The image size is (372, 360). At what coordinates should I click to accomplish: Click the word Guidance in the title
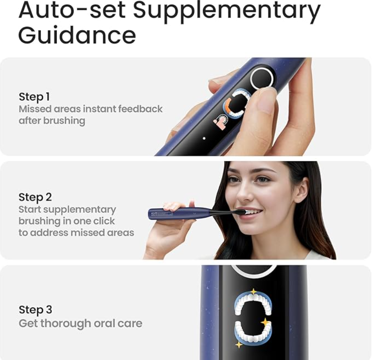(x=77, y=35)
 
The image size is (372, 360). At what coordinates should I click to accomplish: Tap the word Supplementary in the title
(x=226, y=11)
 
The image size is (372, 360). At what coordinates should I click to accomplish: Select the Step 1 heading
(x=34, y=97)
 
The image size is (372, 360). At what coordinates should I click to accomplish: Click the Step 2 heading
(x=35, y=197)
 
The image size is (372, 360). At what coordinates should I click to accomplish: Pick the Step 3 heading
(x=35, y=310)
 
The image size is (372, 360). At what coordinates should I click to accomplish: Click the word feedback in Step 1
(x=140, y=109)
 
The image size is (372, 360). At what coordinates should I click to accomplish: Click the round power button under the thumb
(x=262, y=78)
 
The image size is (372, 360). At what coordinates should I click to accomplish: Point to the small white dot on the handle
(x=204, y=138)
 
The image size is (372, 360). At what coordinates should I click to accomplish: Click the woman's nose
(x=244, y=192)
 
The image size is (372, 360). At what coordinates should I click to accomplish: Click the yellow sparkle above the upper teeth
(x=253, y=291)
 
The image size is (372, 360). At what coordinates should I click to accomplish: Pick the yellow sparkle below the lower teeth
(x=239, y=344)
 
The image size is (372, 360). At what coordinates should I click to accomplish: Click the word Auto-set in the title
(x=72, y=10)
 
